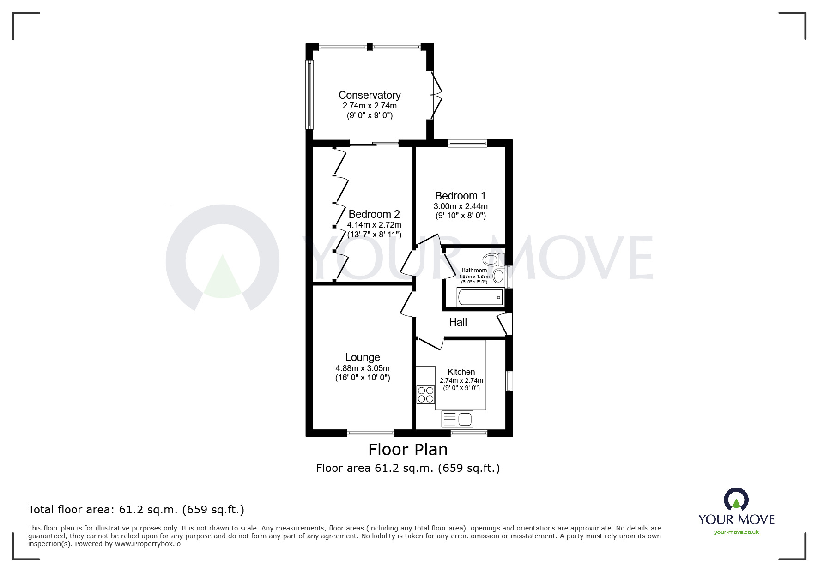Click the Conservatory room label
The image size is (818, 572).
370,95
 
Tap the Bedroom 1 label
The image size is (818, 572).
460,196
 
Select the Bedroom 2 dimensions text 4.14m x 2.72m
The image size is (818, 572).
374,225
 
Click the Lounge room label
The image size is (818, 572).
363,357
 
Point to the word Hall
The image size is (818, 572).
458,322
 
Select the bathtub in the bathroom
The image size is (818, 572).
480,297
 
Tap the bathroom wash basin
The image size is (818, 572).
498,276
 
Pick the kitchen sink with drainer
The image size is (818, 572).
458,419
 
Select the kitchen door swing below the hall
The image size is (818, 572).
430,343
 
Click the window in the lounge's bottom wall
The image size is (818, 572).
370,433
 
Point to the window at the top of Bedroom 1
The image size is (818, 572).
467,143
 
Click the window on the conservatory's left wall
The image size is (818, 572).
310,94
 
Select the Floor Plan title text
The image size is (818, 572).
408,449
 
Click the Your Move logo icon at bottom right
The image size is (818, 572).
736,500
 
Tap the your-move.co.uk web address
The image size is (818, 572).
736,532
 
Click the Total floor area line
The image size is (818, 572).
136,510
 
